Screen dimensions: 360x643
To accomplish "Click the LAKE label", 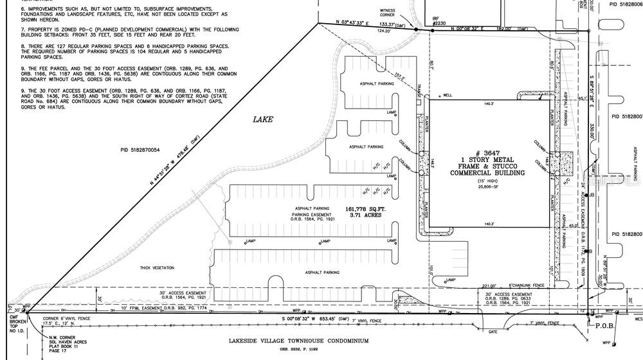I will click(x=263, y=119).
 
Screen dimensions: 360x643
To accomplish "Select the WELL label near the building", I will click(x=447, y=95).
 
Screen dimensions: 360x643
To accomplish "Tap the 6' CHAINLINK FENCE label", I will click(x=527, y=284).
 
